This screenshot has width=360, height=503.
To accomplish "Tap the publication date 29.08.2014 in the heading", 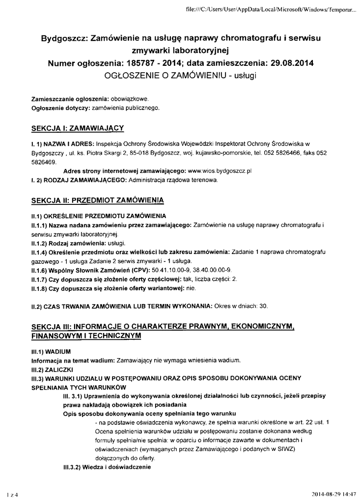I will coord(289,63).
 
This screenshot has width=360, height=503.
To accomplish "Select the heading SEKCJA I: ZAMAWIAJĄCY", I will coord(77,128).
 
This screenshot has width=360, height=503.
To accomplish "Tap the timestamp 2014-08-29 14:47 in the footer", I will coord(334,494).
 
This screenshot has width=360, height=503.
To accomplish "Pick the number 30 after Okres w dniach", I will coord(262,306).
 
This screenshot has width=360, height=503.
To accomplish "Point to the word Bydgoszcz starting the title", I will coord(63,38).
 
